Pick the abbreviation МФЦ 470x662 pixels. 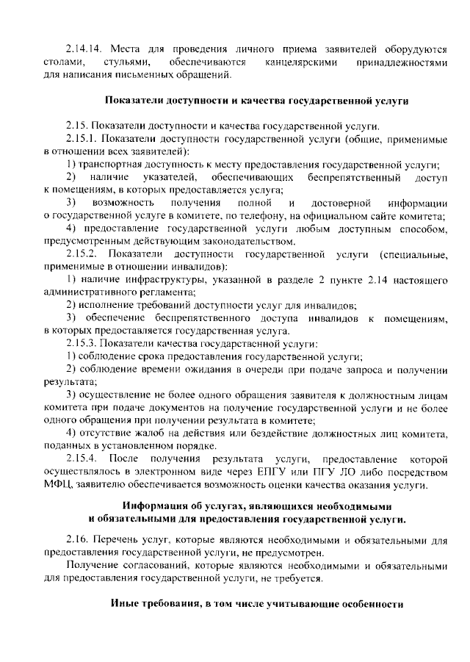point(59,484)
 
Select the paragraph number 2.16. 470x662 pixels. point(76,541)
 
